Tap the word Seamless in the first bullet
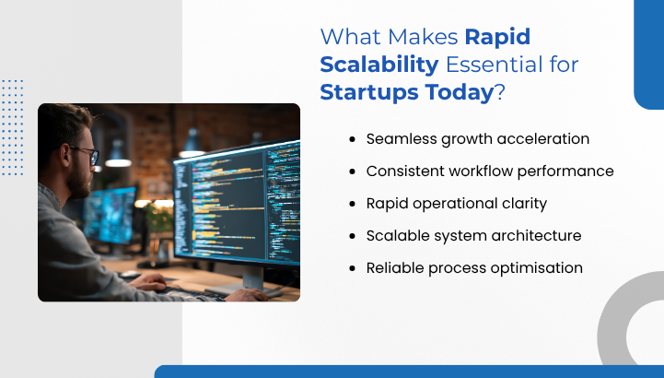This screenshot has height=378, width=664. tap(399, 139)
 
